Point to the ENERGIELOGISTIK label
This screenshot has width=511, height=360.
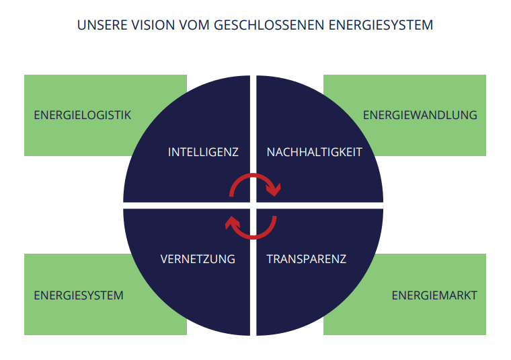(83, 115)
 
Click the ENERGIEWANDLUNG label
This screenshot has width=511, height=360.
(420, 115)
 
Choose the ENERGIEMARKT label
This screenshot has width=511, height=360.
(434, 295)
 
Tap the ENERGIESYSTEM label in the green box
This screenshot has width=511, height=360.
(79, 295)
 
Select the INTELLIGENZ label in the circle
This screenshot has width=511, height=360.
(203, 152)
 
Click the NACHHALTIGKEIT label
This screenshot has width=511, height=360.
(315, 152)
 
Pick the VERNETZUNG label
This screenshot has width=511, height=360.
(198, 258)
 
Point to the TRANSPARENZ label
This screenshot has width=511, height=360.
(307, 258)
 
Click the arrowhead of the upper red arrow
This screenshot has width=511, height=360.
(274, 191)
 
